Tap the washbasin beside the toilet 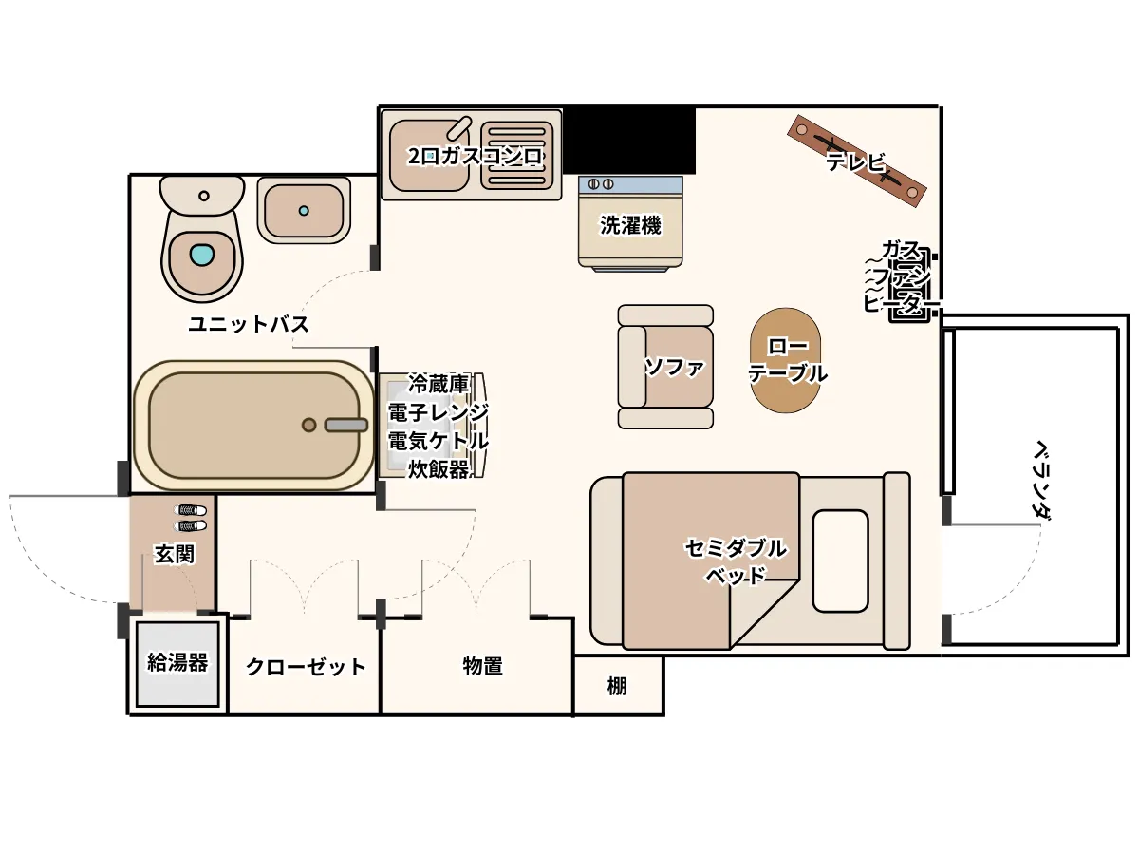pos(304,210)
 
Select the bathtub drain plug pos(308,426)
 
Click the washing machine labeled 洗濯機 pos(630,224)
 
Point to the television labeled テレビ pos(857,161)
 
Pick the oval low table pos(787,360)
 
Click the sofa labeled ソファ pos(665,367)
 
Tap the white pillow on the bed pos(841,561)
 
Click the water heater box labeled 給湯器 pos(177,664)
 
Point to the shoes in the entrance pos(190,518)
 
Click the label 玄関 pos(175,555)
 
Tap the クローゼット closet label pos(306,667)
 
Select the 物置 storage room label pos(482,666)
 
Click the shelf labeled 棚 pos(618,686)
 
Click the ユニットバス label pos(248,325)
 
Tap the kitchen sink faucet pos(458,127)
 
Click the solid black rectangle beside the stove pos(629,140)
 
